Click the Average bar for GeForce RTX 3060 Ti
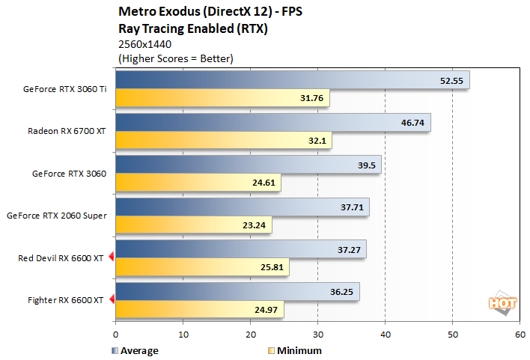click(292, 80)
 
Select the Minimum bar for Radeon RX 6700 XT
click(223, 140)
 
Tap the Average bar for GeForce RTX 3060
click(248, 165)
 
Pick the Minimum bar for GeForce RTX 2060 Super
click(194, 225)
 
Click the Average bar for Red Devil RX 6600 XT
click(240, 249)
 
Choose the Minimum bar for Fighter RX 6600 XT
click(199, 309)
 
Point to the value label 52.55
click(451, 80)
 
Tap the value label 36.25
click(341, 292)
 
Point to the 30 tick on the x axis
click(317, 334)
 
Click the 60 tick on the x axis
click(520, 334)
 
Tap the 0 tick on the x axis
click(115, 334)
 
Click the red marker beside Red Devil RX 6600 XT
click(111, 258)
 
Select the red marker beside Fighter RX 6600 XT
click(111, 300)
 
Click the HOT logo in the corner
click(499, 303)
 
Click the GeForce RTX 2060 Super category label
click(56, 216)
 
